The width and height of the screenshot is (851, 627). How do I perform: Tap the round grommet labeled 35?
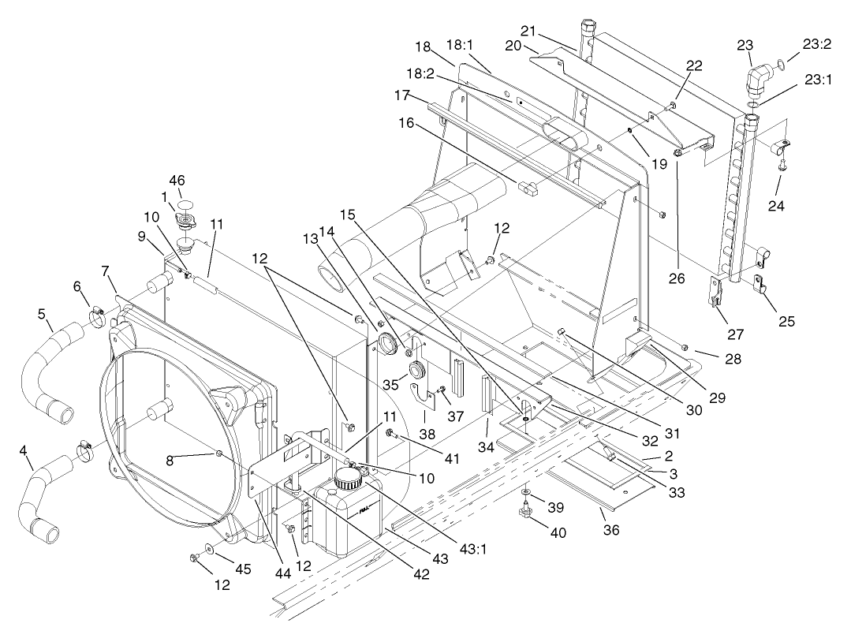pyautogui.click(x=416, y=371)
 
